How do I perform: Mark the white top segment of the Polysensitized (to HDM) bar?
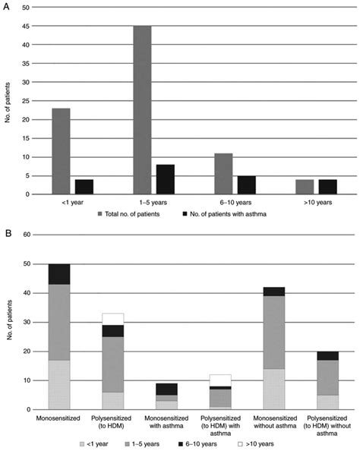click(112, 319)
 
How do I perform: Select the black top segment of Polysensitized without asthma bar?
click(327, 355)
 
